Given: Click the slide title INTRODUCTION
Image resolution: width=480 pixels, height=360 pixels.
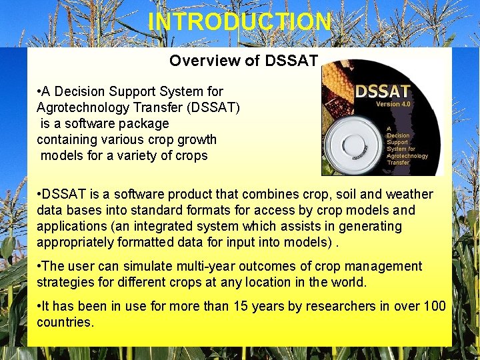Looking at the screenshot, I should coord(239,21).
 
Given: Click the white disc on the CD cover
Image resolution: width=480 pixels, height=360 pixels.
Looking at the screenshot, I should coord(355,142).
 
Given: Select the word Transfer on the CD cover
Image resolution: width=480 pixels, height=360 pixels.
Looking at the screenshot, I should coord(398,162).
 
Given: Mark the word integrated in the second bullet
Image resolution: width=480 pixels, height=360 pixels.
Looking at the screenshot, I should coord(210,226).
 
